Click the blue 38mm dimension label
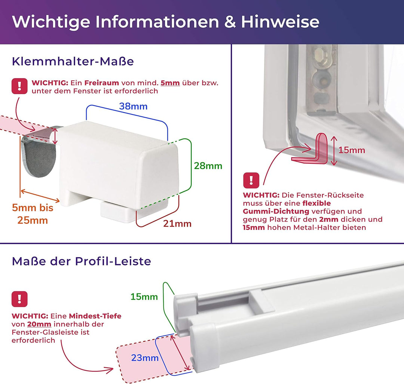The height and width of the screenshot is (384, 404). [133, 106]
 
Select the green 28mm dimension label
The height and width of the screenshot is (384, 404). [208, 166]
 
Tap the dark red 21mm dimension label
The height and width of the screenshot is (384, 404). [177, 224]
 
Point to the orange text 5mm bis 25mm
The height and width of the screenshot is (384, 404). [33, 214]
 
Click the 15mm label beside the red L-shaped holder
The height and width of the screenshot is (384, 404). [352, 150]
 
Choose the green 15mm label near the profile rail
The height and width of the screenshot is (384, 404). [144, 297]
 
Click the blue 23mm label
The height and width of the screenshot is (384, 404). [145, 358]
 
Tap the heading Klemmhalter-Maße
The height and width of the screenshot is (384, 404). [73, 61]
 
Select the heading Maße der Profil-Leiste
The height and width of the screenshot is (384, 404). [81, 261]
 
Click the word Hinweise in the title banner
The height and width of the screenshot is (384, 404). [280, 22]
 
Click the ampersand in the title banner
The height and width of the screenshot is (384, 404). [230, 22]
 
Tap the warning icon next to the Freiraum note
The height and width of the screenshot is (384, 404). [19, 86]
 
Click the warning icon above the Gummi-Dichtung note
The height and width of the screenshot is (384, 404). [251, 180]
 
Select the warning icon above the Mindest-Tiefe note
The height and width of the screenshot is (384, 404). [19, 299]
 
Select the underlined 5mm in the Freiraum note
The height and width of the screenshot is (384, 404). [170, 83]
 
